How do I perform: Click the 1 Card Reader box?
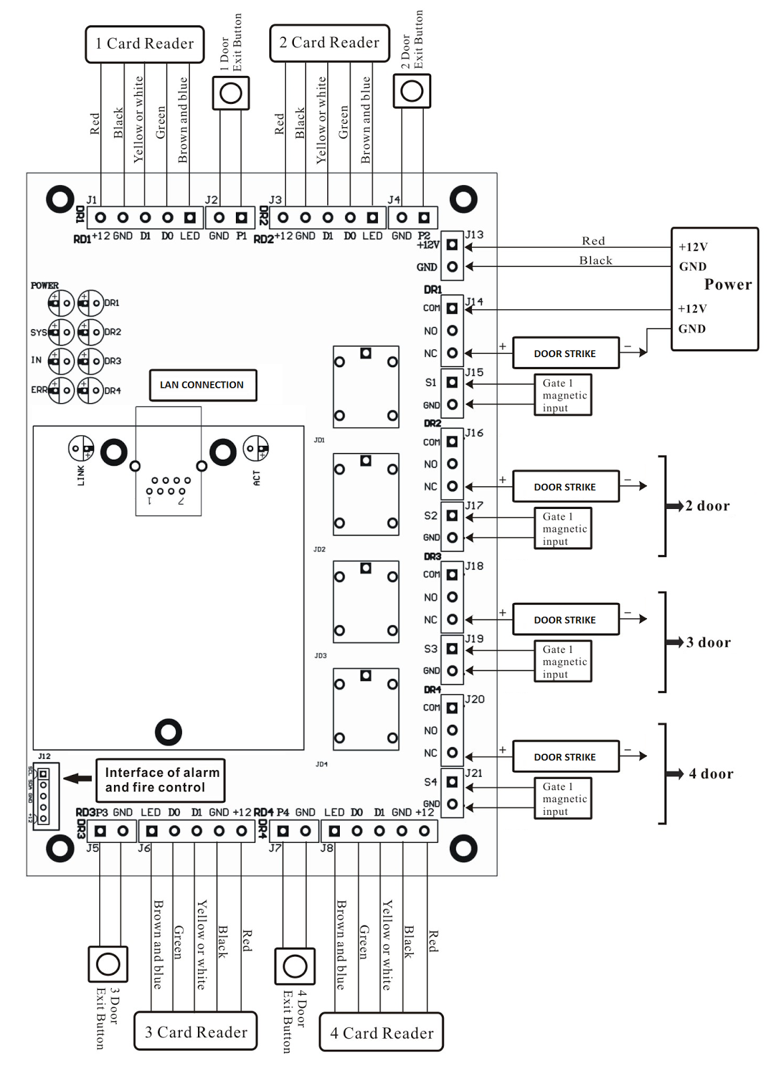[x=145, y=44]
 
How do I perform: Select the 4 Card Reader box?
[x=381, y=1033]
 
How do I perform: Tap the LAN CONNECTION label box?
[x=203, y=385]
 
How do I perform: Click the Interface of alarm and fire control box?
[x=161, y=780]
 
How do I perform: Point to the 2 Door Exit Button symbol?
[x=412, y=91]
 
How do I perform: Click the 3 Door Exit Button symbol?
[x=108, y=964]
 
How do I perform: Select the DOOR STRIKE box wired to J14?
[x=565, y=354]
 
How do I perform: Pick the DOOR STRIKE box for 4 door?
[x=565, y=757]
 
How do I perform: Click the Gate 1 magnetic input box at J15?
[x=563, y=395]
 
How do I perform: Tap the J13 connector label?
[x=474, y=235]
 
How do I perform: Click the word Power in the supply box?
[x=728, y=284]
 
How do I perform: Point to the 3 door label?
[x=708, y=642]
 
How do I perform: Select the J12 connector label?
[x=44, y=756]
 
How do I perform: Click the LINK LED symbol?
[x=81, y=448]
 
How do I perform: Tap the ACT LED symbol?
[x=256, y=448]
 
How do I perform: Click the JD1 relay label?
[x=319, y=440]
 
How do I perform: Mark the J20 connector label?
[x=474, y=699]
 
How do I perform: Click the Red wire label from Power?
[x=593, y=241]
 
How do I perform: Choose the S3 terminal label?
[x=430, y=649]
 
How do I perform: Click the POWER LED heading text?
[x=45, y=286]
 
